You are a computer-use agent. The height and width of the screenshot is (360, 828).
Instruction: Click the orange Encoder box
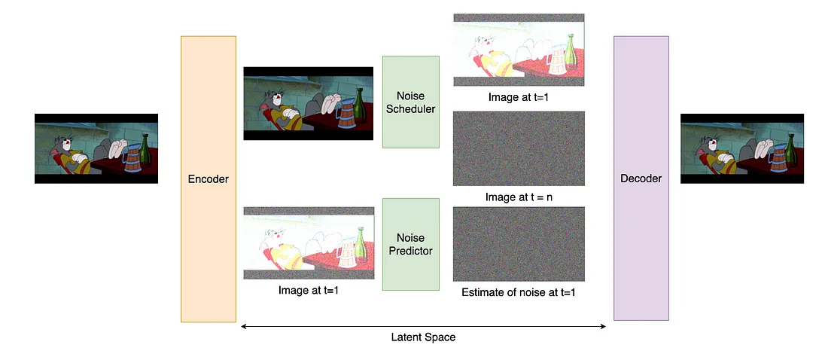point(209,178)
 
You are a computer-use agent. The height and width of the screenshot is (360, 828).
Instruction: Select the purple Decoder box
point(641,178)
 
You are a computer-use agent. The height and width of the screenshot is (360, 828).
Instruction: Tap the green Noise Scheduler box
point(410,102)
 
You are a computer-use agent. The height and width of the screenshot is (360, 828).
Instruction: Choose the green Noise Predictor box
point(410,244)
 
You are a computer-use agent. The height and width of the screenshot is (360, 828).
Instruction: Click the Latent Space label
point(423,337)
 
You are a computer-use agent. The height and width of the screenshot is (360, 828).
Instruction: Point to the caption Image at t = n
point(519,198)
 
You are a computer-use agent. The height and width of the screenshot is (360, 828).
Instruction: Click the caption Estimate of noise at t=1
point(519,292)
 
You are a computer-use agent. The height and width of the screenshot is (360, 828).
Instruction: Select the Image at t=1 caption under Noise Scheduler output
point(519,98)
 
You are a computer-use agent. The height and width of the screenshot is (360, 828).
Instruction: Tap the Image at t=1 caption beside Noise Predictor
point(308,290)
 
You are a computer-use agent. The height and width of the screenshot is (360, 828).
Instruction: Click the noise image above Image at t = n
point(519,148)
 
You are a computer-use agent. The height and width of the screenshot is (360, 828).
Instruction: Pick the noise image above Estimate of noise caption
point(519,244)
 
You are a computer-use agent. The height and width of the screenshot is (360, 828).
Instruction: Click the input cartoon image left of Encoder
point(96,148)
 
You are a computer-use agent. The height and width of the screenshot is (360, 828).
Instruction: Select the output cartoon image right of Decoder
point(742,148)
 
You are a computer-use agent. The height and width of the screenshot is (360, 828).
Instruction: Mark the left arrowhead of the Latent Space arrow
point(242,326)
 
